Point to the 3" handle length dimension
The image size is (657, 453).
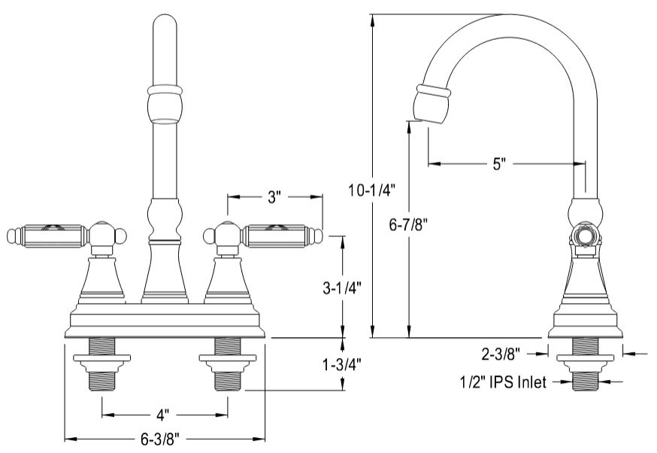pos(274,197)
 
